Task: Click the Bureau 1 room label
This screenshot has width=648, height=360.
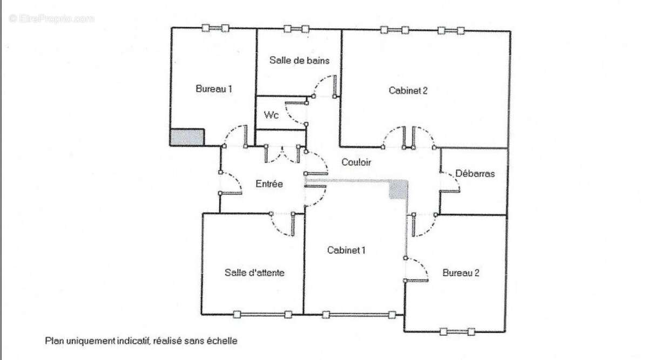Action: click(x=214, y=89)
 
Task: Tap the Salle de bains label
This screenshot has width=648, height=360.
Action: click(x=299, y=60)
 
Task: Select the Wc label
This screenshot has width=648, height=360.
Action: click(x=271, y=115)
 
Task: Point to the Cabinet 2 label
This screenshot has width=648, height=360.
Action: click(x=408, y=91)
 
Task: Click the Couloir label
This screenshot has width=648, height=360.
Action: click(x=356, y=162)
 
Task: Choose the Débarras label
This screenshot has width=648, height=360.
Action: click(x=475, y=173)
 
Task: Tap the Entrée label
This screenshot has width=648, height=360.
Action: click(x=269, y=184)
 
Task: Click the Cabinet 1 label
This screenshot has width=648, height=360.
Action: click(x=346, y=250)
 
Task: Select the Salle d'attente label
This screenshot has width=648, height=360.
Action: click(x=254, y=273)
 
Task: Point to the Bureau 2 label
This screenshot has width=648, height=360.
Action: click(x=461, y=273)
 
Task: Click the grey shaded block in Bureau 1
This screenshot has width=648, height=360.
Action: click(x=187, y=137)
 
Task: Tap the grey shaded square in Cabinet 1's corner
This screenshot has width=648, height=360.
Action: click(x=398, y=189)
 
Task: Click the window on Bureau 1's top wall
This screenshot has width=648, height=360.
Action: click(x=215, y=28)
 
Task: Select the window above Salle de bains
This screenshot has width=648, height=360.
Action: click(x=296, y=29)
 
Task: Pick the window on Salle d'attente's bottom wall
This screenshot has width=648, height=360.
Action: click(x=262, y=315)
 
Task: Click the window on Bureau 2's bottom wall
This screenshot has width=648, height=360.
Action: click(x=457, y=331)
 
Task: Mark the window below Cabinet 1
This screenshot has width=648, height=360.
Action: click(x=359, y=315)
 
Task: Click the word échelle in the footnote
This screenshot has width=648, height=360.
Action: click(x=222, y=341)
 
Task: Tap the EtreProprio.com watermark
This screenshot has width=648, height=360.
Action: click(x=51, y=19)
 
